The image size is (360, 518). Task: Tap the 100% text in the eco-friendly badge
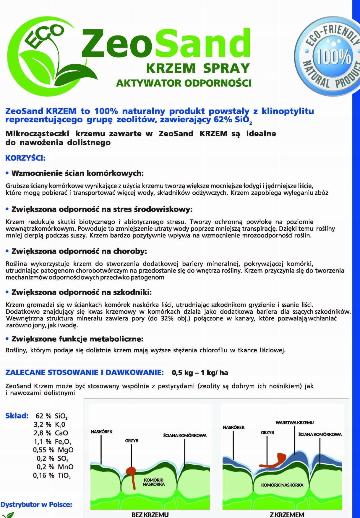tap(333, 56)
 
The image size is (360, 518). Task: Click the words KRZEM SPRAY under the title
tap(198, 68)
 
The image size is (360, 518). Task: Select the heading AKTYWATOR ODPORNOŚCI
tap(184, 83)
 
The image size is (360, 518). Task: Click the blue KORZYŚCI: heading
tap(25, 158)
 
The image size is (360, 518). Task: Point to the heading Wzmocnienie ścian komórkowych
tap(77, 173)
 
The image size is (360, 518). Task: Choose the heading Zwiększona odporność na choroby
tap(79, 251)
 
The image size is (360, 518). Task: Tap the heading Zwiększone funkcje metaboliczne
tap(77, 339)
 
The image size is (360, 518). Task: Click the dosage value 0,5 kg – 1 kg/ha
tap(200, 373)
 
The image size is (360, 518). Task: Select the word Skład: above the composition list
tap(17, 416)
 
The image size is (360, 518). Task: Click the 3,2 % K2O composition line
tap(49, 425)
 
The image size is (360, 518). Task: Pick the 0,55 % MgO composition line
tap(53, 450)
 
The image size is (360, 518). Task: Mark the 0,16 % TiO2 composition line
tap(52, 475)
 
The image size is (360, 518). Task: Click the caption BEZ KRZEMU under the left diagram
tap(150, 515)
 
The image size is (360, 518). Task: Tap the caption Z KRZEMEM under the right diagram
tap(287, 515)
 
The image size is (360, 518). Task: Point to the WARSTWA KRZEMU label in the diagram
tap(294, 423)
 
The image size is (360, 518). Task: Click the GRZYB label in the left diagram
tap(132, 441)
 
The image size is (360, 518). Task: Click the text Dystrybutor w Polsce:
tap(36, 504)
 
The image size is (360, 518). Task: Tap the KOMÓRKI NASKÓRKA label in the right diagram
tap(282, 485)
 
